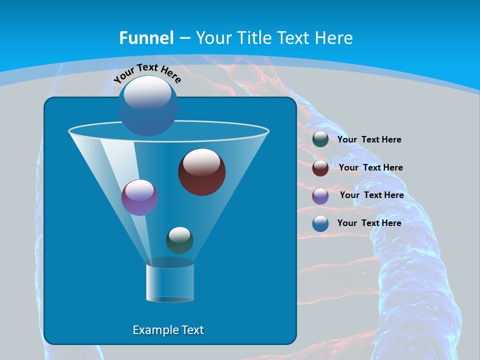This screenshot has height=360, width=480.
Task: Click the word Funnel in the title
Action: coord(146,37)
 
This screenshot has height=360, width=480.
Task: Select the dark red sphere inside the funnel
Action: coord(201,172)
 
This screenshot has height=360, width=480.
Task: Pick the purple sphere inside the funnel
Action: coord(139,197)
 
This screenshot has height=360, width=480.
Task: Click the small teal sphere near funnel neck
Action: coord(179,240)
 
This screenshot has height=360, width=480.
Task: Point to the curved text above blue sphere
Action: coord(147,72)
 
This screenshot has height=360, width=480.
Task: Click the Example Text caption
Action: coord(168,330)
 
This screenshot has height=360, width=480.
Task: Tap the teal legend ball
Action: coord(320,139)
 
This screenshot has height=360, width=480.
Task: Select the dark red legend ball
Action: coord(320,168)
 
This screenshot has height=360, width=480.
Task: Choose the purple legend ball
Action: coord(320,196)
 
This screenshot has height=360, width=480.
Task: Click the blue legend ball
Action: coord(320,223)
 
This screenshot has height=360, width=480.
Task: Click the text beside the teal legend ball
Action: coord(369,139)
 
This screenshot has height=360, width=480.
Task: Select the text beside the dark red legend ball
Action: coord(370,167)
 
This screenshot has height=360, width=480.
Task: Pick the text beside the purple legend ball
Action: coord(371,195)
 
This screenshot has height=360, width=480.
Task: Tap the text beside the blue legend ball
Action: coord(369,223)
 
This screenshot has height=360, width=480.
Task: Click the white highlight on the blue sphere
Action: coord(147,92)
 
